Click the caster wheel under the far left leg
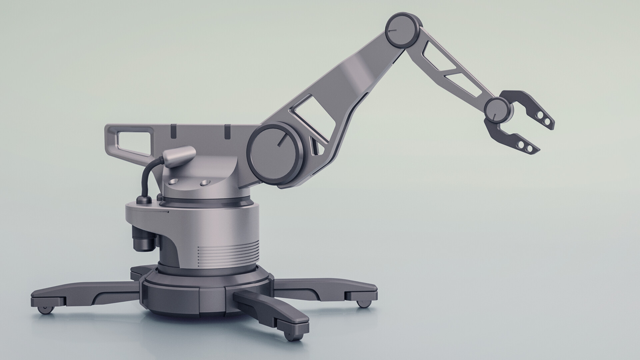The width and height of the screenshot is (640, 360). coord(45,310)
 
